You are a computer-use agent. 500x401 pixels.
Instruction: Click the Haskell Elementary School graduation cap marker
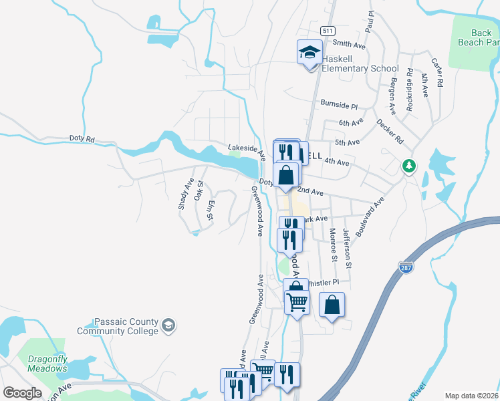click(x=309, y=52)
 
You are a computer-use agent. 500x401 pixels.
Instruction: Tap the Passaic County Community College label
click(x=117, y=326)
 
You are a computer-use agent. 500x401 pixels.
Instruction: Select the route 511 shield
click(x=327, y=31)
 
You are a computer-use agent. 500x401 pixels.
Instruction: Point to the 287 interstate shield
click(x=404, y=267)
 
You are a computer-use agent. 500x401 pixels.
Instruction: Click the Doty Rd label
click(x=82, y=139)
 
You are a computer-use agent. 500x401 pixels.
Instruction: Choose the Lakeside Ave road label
click(x=247, y=151)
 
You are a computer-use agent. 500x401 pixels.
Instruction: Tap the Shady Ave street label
click(x=185, y=194)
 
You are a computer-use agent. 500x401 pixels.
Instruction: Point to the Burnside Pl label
click(x=339, y=106)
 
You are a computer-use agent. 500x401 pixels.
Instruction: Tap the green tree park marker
click(x=408, y=166)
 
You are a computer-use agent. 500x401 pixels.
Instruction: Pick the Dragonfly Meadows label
click(x=47, y=364)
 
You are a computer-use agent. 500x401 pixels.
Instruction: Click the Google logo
click(x=22, y=392)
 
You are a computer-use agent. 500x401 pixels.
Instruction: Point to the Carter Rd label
click(x=438, y=73)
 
